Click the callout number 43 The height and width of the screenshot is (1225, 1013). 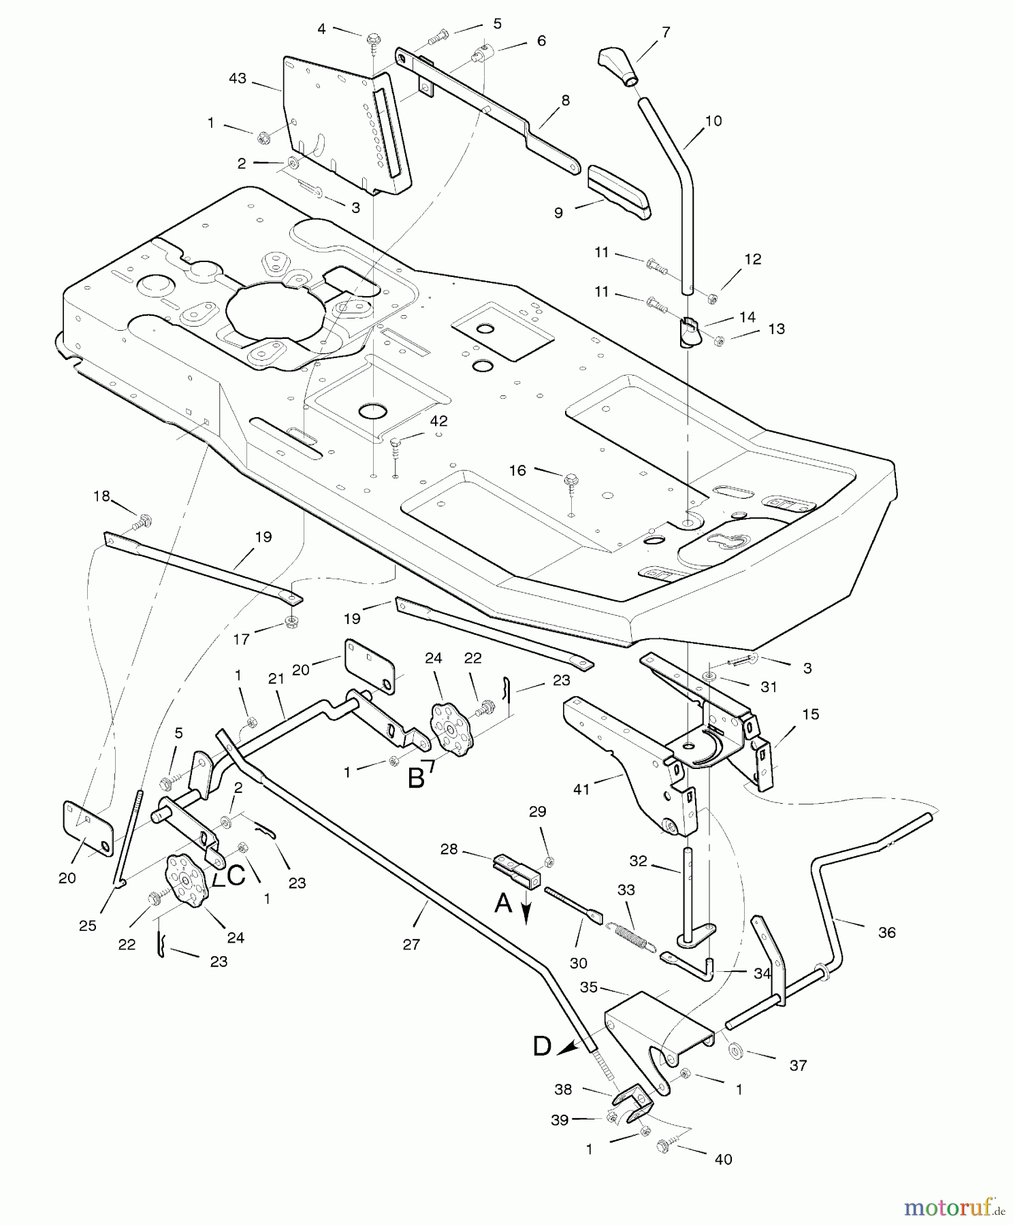coord(237,79)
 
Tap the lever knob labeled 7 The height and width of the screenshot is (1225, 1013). coord(619,66)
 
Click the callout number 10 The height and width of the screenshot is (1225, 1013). coord(713,121)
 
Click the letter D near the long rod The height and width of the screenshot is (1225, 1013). coord(542,1046)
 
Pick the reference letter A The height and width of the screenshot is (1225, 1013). coord(503,903)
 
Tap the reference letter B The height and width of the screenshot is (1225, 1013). coord(416,778)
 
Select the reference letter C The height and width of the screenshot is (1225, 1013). coord(236,876)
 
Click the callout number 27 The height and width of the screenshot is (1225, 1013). coord(411,944)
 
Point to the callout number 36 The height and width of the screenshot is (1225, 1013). coord(887,932)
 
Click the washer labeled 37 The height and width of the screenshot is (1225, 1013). coord(736,1051)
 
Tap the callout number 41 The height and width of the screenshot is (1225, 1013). coord(581,789)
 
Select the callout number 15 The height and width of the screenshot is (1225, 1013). coord(811,714)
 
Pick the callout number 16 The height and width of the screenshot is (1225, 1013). coord(518,470)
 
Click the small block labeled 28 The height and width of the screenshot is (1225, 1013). coord(517,868)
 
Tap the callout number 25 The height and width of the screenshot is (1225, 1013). coord(88,926)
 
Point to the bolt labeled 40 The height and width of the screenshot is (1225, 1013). coord(663,1146)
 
